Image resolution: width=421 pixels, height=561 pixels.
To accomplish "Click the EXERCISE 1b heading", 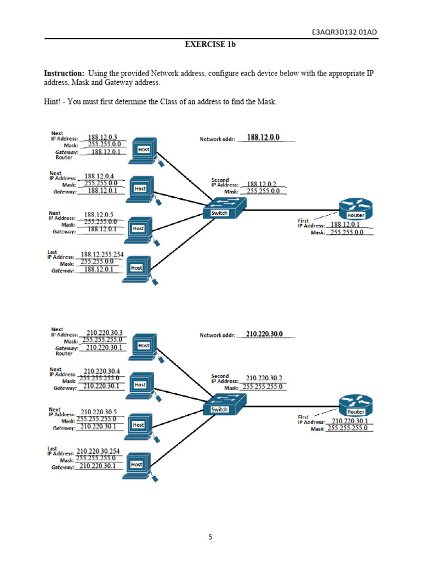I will point(210,45).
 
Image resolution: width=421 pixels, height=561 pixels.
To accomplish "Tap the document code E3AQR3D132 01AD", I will point(344,32).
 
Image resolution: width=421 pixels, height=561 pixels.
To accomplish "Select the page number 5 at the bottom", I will point(210,537).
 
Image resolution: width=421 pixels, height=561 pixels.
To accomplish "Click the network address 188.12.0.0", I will point(263,138).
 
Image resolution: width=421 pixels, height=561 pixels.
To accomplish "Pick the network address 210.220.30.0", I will point(264,334).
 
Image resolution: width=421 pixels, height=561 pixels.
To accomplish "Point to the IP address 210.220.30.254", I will point(98,451).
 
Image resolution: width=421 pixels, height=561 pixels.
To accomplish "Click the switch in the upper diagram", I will point(224,209).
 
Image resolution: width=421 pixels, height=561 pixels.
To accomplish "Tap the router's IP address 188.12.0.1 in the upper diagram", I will point(345,225).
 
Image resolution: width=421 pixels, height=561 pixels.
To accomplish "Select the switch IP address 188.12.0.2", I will point(262,184).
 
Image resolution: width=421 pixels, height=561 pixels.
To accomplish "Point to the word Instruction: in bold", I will point(64,73).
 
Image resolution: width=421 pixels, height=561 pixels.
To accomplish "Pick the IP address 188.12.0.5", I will point(98,215).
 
